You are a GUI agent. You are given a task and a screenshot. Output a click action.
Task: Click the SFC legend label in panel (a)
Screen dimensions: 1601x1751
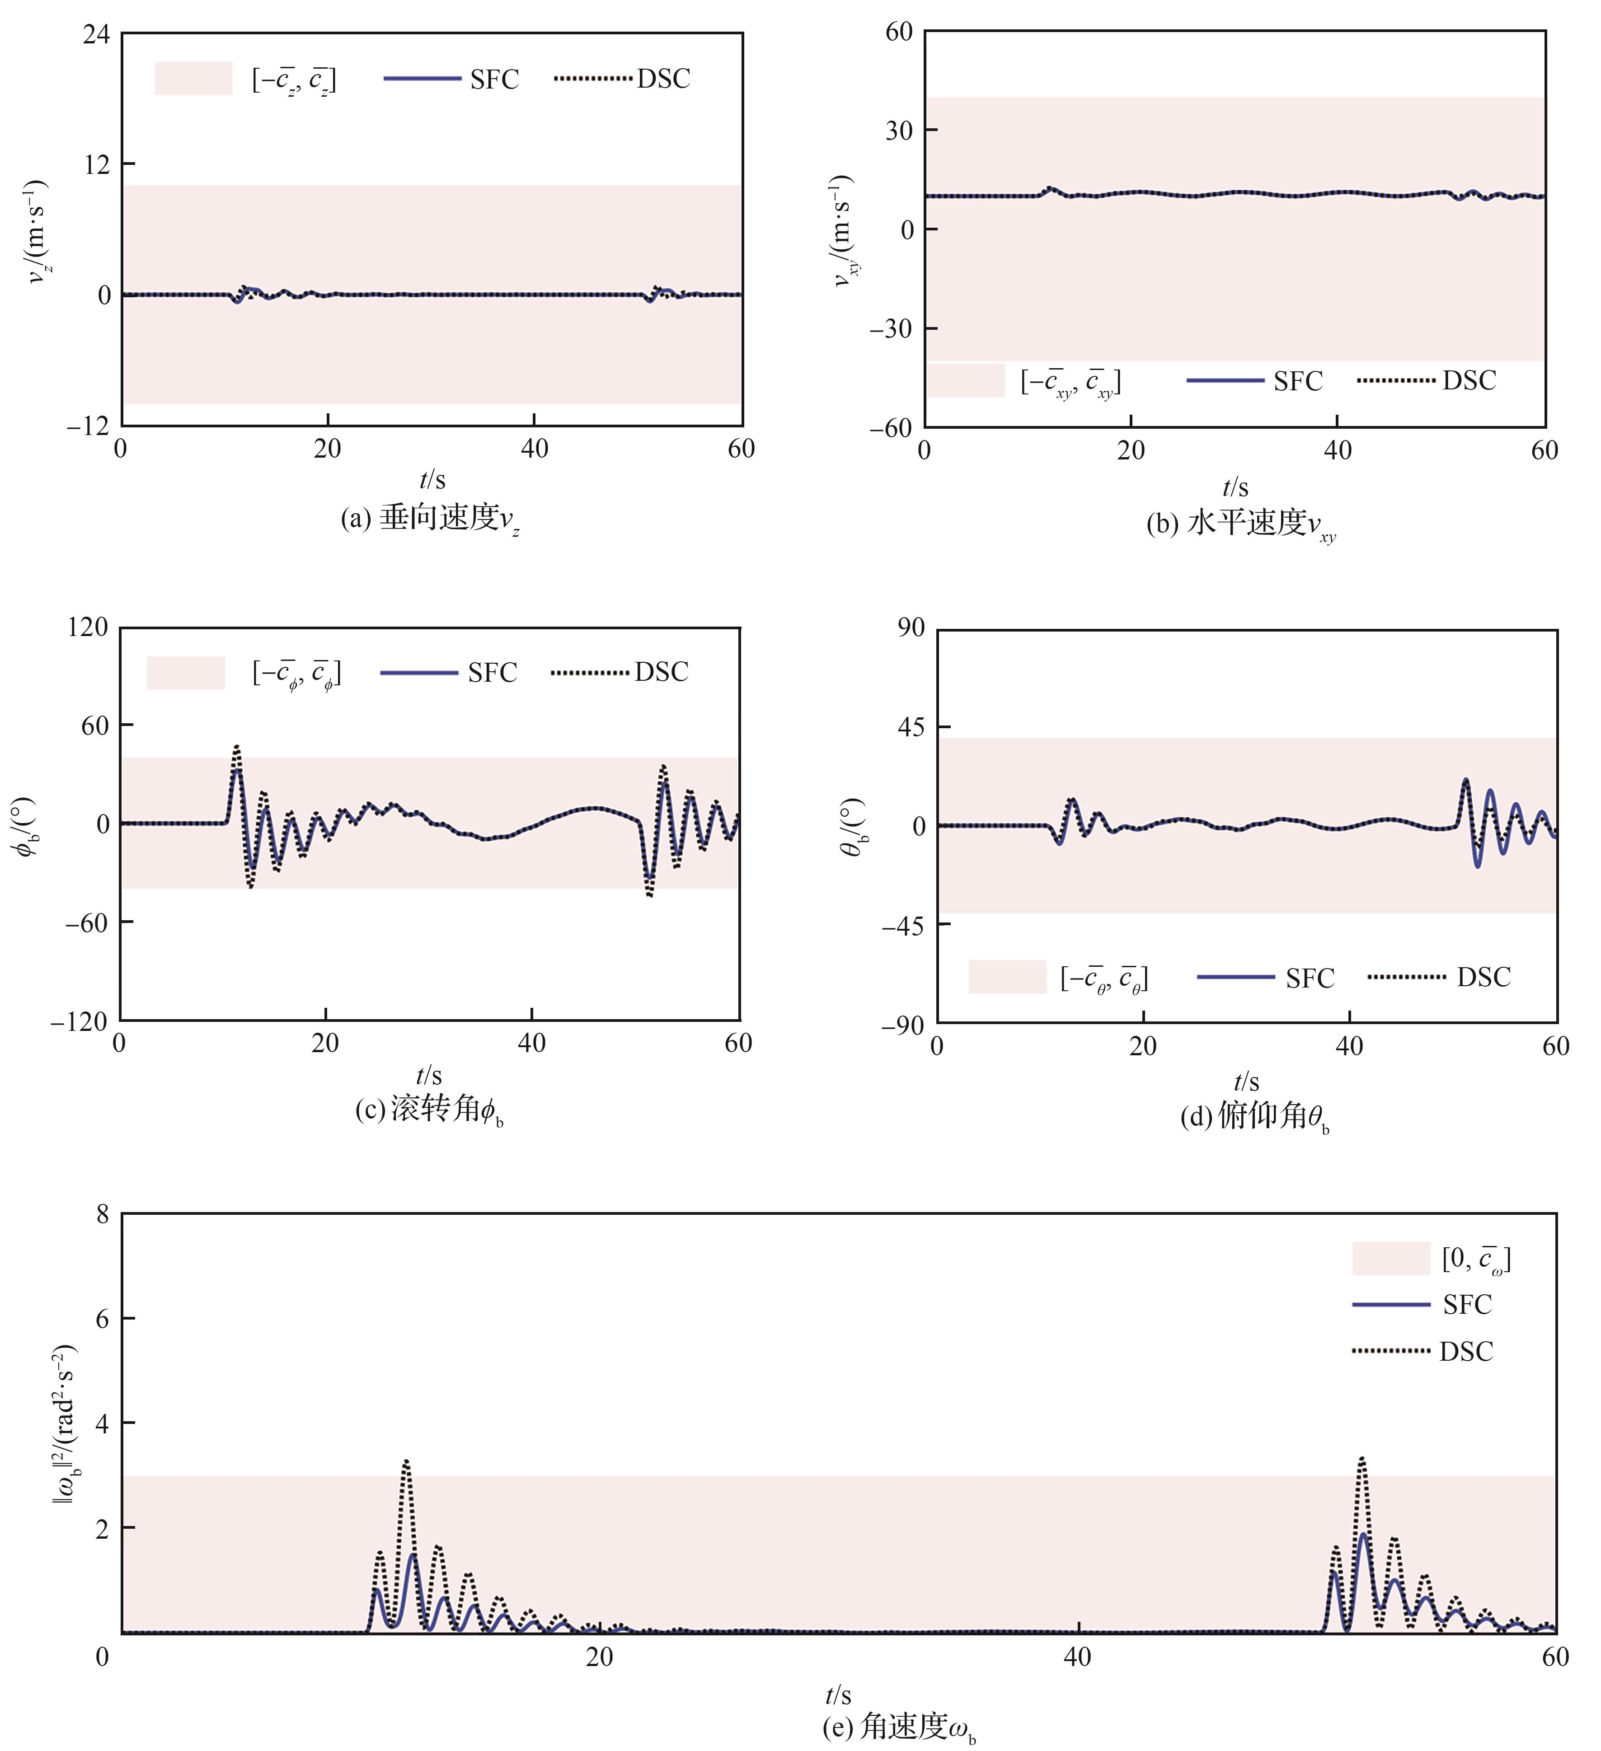point(494,79)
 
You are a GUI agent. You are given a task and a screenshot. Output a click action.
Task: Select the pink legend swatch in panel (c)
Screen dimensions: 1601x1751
point(186,672)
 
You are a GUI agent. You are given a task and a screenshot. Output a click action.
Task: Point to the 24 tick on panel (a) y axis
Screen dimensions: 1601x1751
point(96,35)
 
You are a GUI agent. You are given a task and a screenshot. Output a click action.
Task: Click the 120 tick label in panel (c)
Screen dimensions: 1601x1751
point(88,627)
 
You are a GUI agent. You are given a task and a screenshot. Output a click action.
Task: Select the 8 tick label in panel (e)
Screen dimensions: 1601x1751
point(103,1214)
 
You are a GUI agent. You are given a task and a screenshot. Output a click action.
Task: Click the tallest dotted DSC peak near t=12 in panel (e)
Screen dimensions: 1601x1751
point(406,1461)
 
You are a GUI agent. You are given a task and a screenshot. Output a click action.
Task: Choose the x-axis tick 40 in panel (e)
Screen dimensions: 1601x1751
point(1077,1656)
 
